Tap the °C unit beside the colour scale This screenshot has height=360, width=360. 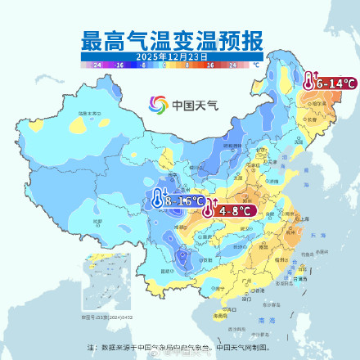tap(255, 64)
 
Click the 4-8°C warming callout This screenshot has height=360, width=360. tap(229, 210)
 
